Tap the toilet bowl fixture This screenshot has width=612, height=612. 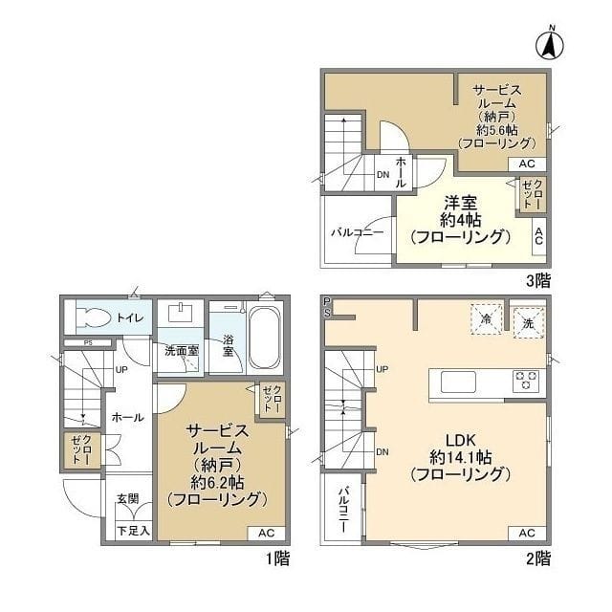[93, 317]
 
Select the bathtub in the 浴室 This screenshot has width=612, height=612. [264, 338]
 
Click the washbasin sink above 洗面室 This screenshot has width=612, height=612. [180, 313]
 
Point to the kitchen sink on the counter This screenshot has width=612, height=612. [458, 382]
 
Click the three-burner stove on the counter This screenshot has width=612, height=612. [526, 381]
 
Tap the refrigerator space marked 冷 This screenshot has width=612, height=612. [486, 319]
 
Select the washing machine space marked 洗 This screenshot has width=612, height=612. [528, 323]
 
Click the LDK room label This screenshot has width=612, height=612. [461, 440]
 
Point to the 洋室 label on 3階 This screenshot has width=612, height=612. [461, 203]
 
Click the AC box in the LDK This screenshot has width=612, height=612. [527, 533]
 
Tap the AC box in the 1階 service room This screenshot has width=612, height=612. [266, 533]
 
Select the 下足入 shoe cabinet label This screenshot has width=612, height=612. [134, 531]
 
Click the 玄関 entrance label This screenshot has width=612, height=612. [128, 498]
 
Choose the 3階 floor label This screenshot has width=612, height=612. [538, 280]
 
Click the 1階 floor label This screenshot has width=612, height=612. [277, 558]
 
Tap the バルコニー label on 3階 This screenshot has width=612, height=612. [358, 233]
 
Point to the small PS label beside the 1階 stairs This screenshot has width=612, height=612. [89, 343]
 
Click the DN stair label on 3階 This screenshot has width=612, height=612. [382, 175]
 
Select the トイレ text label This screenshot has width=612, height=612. [130, 318]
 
